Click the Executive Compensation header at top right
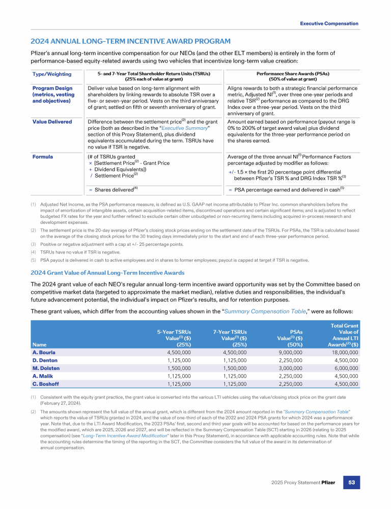pyautogui.click(x=329, y=23)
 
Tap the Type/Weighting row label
pyautogui.click(x=51, y=74)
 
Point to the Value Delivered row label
pyautogui.click(x=52, y=122)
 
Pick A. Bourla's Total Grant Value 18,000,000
pyautogui.click(x=340, y=352)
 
